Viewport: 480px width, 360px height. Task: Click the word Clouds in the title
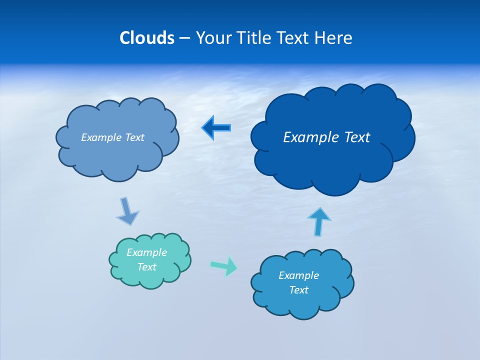point(146,38)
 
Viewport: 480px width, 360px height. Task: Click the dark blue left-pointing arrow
point(216,128)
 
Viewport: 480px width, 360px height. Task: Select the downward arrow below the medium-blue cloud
point(127,211)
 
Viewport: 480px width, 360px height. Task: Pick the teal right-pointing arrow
point(224,266)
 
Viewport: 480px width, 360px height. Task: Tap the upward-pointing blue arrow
point(318,221)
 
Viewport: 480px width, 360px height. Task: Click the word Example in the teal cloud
point(146,252)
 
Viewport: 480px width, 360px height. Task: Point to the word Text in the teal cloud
point(146,267)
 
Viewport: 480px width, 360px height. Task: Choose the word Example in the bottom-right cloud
point(298,275)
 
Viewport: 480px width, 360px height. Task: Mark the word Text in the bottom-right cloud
point(298,290)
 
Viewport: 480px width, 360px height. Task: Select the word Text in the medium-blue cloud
point(134,137)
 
